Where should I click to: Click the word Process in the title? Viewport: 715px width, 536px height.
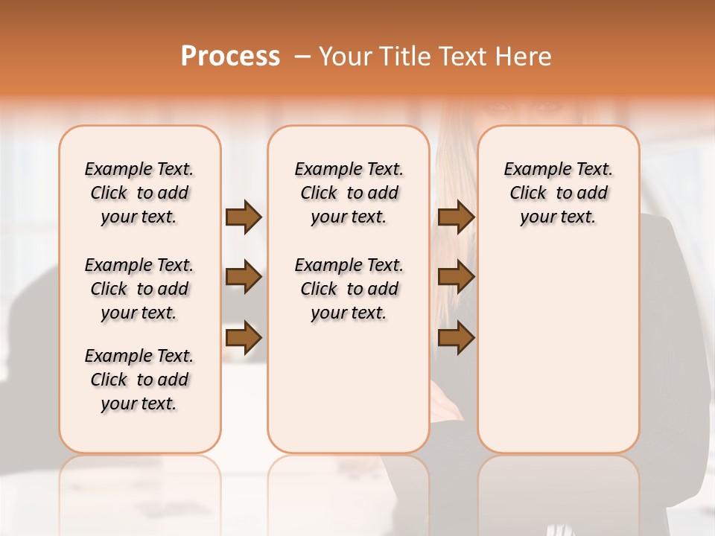tap(230, 56)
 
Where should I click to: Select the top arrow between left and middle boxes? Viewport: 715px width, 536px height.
tap(244, 217)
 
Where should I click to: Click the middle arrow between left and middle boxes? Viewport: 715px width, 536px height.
tap(244, 278)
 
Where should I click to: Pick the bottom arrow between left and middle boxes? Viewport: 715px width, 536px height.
tap(244, 337)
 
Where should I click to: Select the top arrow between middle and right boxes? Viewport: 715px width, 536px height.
tap(456, 217)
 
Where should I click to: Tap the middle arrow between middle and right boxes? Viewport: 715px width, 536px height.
tap(456, 278)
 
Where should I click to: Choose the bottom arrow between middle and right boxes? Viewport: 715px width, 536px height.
tap(456, 337)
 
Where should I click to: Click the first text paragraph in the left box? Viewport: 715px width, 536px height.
tap(139, 193)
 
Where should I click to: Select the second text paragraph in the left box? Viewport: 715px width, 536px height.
tap(139, 289)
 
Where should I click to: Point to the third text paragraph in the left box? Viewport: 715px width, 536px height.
tap(139, 380)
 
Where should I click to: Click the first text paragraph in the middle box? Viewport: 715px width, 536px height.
tap(349, 193)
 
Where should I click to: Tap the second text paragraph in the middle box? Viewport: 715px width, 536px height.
tap(349, 289)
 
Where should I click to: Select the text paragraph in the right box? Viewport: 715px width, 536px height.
tap(558, 193)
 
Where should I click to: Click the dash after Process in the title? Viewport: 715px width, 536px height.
tap(302, 57)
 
